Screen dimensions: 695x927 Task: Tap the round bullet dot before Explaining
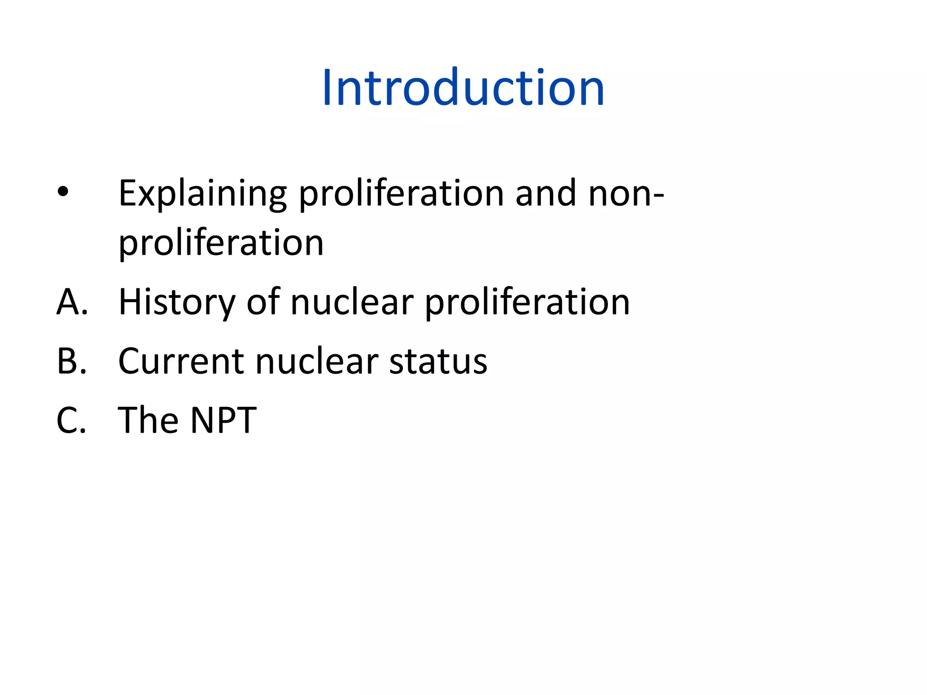[63, 192]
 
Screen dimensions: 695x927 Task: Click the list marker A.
[72, 302]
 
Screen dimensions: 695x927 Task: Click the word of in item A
[263, 302]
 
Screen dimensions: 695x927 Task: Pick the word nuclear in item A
[352, 302]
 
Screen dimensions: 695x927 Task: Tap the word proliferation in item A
[527, 302]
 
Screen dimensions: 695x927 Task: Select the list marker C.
[71, 420]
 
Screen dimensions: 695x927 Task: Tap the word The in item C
[148, 420]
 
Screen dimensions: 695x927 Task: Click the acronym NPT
[223, 420]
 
